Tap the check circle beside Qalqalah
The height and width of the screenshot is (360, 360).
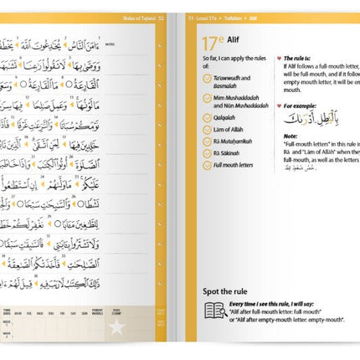tap(208, 118)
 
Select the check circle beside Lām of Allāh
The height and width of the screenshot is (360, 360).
tap(208, 130)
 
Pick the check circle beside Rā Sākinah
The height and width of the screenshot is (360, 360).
tap(208, 154)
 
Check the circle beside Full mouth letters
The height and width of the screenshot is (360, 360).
tap(208, 167)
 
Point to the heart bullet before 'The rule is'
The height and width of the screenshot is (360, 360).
tap(278, 59)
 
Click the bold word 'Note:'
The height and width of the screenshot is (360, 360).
tap(291, 136)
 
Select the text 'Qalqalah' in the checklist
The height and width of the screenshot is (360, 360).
tap(230, 118)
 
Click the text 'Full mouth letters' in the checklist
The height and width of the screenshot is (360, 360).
tap(239, 167)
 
